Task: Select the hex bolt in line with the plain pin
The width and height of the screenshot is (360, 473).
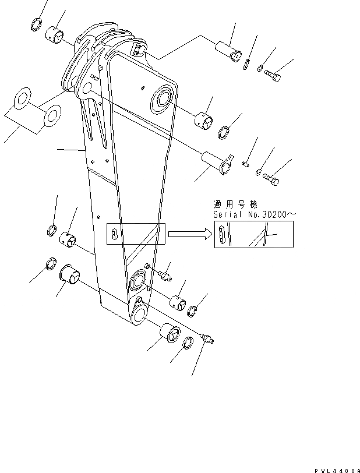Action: pyautogui.click(x=274, y=75)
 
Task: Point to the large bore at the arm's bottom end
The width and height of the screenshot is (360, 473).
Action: pyautogui.click(x=142, y=317)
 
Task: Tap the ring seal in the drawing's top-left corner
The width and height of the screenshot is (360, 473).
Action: pyautogui.click(x=35, y=25)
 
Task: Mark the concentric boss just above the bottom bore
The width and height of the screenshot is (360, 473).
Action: pyautogui.click(x=139, y=280)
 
